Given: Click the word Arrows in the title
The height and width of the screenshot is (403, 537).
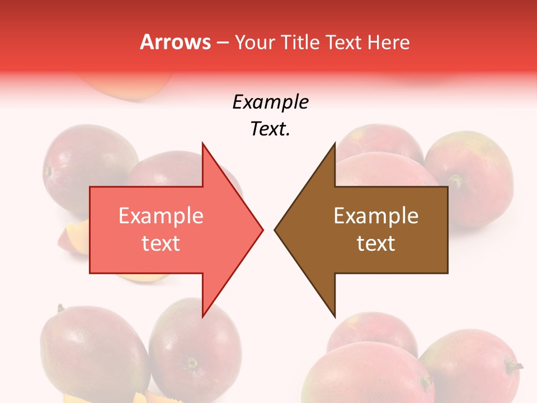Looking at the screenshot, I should pyautogui.click(x=175, y=42).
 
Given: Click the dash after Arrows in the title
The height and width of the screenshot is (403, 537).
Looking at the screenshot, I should pyautogui.click(x=223, y=43).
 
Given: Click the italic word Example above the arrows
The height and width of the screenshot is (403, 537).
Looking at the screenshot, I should pyautogui.click(x=270, y=102).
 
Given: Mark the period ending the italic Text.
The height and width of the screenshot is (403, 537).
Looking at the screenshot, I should pyautogui.click(x=288, y=134).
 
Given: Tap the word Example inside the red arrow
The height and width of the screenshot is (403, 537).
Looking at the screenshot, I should pyautogui.click(x=161, y=216).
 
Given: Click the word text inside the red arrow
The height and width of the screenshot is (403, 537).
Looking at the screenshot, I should pyautogui.click(x=161, y=243).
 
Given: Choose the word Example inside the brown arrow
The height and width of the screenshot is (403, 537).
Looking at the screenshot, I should pyautogui.click(x=376, y=216).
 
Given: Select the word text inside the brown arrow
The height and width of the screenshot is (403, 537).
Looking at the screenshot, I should pyautogui.click(x=376, y=243).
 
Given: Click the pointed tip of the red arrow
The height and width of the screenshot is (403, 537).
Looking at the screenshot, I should pyautogui.click(x=262, y=229).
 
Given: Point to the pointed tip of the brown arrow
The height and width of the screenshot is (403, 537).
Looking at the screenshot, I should pyautogui.click(x=275, y=229).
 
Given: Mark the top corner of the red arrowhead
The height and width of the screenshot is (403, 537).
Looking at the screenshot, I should pyautogui.click(x=203, y=143).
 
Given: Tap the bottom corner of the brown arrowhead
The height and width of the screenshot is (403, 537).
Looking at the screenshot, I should pyautogui.click(x=335, y=316).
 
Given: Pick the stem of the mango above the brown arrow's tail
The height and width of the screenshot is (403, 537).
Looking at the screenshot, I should pyautogui.click(x=456, y=181).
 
